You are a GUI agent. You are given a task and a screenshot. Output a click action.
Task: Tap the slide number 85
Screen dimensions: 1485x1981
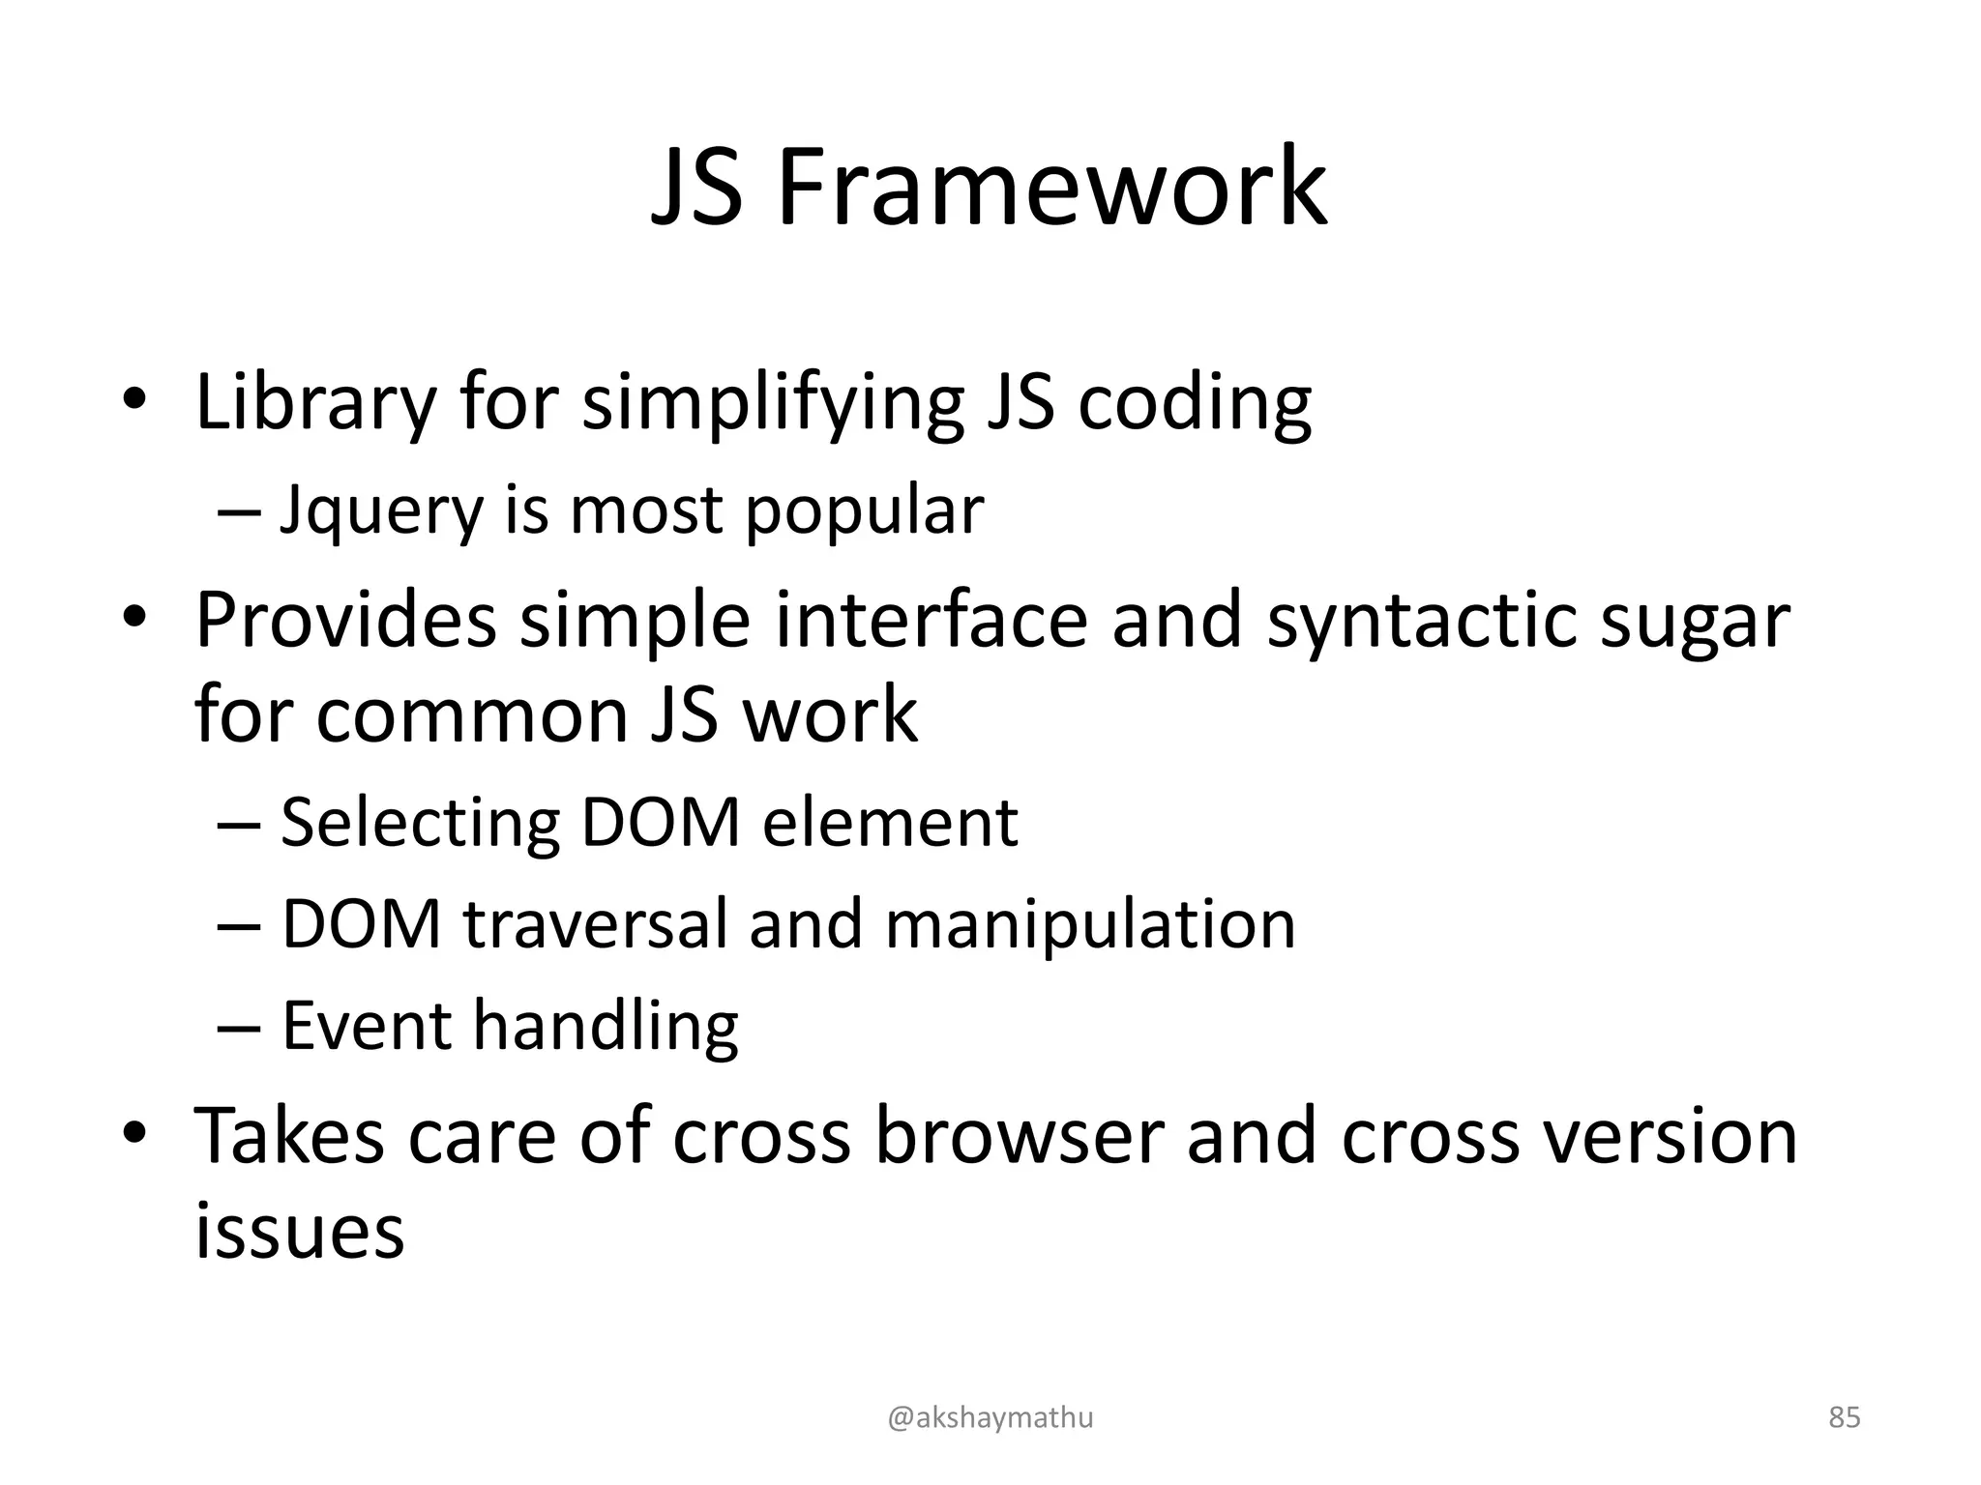tap(1845, 1417)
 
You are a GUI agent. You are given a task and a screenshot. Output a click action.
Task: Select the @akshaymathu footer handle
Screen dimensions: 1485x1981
tap(990, 1417)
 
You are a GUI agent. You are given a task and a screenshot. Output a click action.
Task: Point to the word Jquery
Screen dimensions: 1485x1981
tap(381, 512)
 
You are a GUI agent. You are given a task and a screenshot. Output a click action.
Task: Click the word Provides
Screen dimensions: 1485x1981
tap(346, 620)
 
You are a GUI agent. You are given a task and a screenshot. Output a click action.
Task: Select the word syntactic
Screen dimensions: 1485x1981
tap(1422, 620)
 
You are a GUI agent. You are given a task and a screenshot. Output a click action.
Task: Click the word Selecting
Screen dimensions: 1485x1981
tap(420, 824)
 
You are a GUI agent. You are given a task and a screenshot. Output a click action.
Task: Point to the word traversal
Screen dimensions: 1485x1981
tap(595, 923)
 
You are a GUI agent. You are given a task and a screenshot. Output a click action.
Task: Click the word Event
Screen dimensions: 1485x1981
tap(366, 1025)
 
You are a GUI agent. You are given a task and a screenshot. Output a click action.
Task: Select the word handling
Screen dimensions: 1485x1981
tap(606, 1027)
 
